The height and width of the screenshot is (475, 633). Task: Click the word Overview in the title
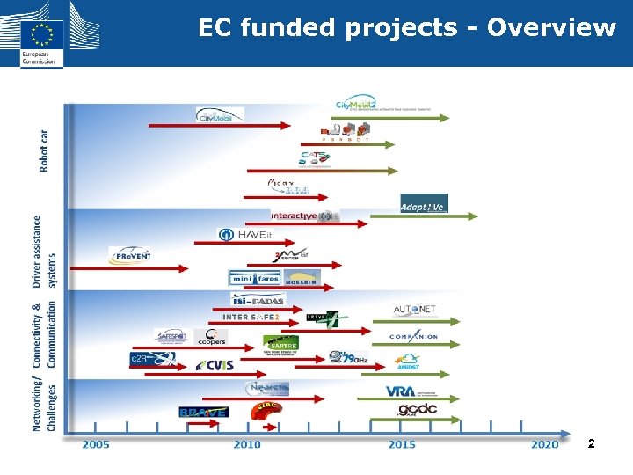[x=551, y=28]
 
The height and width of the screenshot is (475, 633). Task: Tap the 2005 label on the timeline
[x=96, y=444]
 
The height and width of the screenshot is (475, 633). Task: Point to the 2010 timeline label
[x=247, y=444]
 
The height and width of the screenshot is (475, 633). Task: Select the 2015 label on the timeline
[x=402, y=444]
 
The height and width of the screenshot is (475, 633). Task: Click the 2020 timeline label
[x=544, y=444]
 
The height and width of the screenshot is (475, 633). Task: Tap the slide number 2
[x=591, y=444]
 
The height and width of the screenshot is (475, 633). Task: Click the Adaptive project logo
[x=424, y=205]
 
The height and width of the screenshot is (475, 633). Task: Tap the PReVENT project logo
[x=130, y=255]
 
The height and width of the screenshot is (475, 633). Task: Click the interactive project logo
[x=304, y=216]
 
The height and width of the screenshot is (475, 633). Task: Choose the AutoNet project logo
[x=415, y=310]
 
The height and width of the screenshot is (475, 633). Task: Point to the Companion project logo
[x=413, y=336]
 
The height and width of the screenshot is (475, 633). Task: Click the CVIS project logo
[x=215, y=365]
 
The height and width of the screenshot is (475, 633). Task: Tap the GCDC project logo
[x=417, y=409]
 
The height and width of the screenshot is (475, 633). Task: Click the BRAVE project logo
[x=203, y=412]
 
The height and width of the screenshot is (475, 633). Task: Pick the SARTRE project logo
[x=280, y=342]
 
